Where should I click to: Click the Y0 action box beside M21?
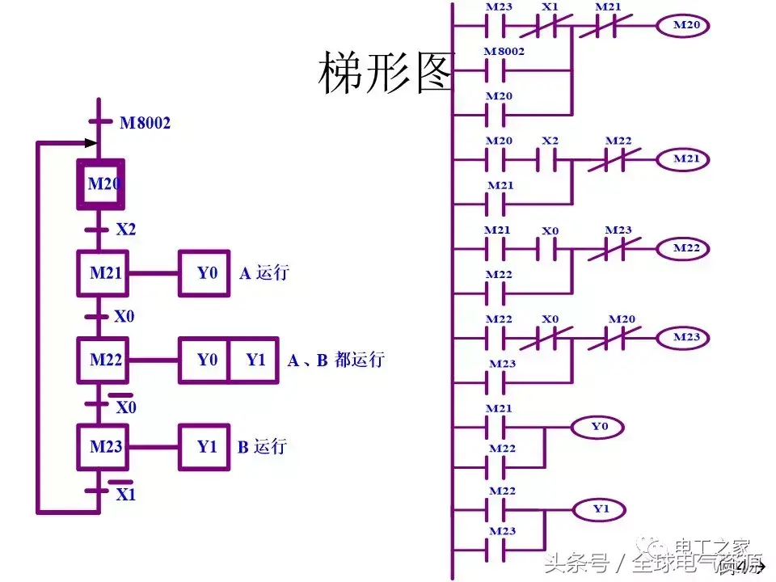click(207, 272)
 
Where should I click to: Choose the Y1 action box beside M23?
click(207, 445)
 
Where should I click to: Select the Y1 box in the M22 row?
click(254, 360)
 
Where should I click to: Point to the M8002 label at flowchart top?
click(145, 124)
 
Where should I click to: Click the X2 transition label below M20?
click(126, 230)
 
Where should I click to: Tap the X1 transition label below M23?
click(125, 494)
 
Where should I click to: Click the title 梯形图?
click(387, 73)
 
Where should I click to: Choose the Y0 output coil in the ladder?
click(599, 424)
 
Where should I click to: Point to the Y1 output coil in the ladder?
click(599, 509)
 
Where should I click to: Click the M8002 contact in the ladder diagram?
click(503, 68)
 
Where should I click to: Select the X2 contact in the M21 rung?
click(550, 159)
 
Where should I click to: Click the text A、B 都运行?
click(335, 360)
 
